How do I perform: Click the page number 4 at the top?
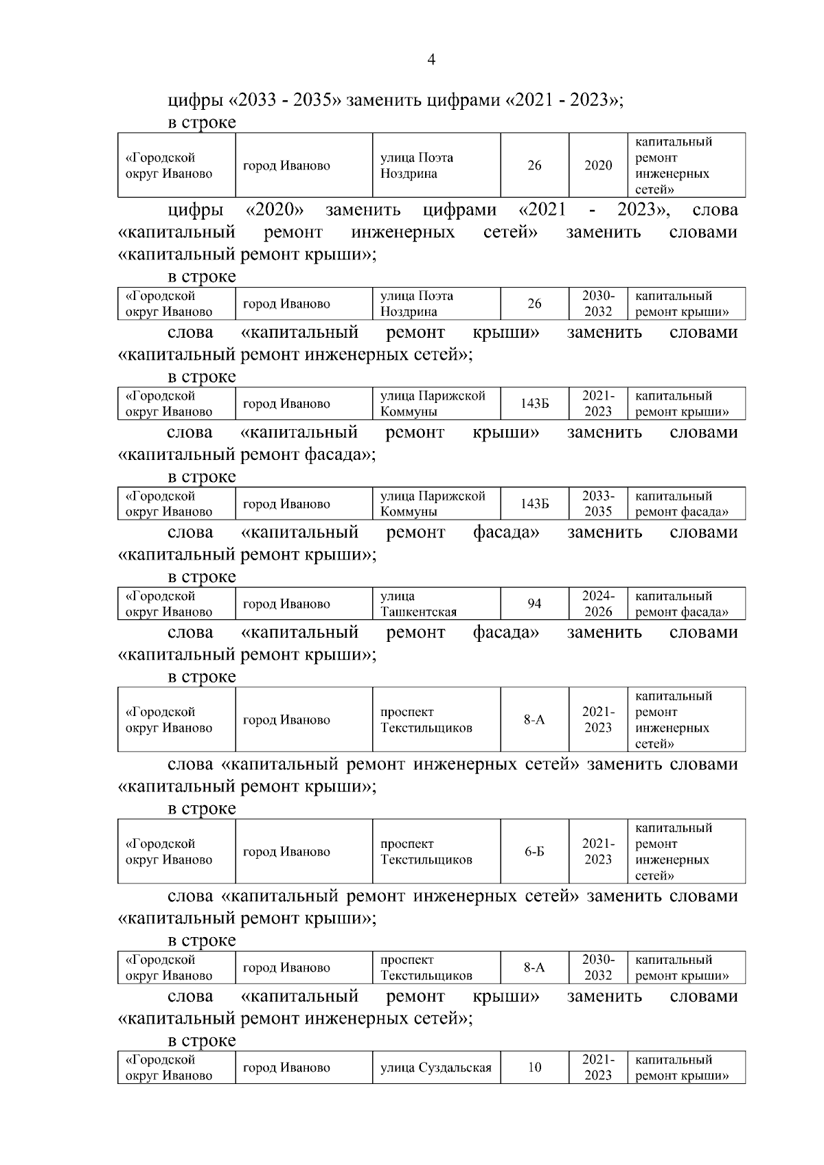431,60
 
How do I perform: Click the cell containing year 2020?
597,165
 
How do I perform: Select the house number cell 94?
534,604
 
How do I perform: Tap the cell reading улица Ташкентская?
436,604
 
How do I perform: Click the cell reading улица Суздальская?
436,1068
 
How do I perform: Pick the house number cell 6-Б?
534,851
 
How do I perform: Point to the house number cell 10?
534,1068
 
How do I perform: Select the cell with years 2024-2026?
597,604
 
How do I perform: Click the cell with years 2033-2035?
597,504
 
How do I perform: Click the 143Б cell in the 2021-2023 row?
534,404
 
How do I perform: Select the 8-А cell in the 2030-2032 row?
534,967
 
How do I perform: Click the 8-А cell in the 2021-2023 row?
534,719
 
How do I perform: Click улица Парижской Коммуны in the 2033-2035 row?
436,504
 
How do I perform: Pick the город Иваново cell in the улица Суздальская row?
304,1068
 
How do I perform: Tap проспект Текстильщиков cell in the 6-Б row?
436,851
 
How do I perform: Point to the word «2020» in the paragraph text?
275,209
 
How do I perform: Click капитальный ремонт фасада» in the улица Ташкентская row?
686,604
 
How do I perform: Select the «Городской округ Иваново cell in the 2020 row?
176,165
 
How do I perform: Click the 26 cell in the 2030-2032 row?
534,303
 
